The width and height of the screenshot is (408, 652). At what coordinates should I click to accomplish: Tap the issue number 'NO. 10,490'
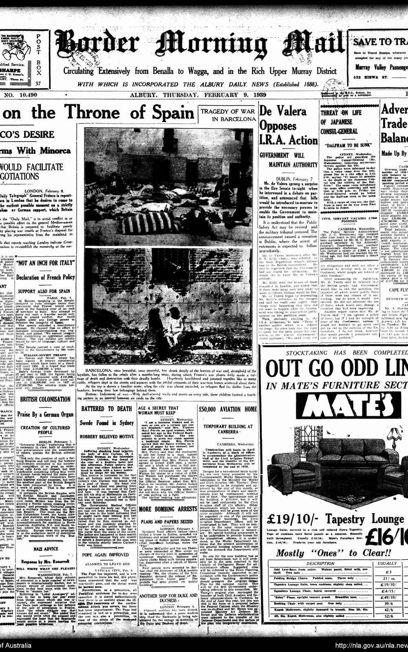click(x=20, y=95)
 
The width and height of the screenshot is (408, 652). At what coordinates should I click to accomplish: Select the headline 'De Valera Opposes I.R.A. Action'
click(x=288, y=125)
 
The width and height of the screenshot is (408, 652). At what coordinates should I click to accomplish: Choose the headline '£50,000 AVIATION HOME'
click(x=227, y=409)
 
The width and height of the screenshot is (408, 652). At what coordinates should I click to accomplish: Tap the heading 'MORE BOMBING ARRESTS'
click(x=168, y=509)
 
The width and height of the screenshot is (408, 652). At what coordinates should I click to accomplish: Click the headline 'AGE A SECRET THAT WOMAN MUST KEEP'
click(x=158, y=410)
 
